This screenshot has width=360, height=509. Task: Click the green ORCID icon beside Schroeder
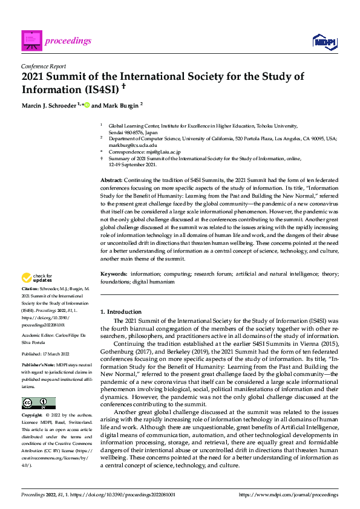tap(87, 104)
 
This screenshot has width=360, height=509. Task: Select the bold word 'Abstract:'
tap(111, 180)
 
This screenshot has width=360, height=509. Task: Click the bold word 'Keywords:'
tap(114, 274)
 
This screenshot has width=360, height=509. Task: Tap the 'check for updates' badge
tap(36, 278)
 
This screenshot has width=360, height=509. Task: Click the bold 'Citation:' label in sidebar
tap(31, 290)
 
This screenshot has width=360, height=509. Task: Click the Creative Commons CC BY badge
tap(38, 403)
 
